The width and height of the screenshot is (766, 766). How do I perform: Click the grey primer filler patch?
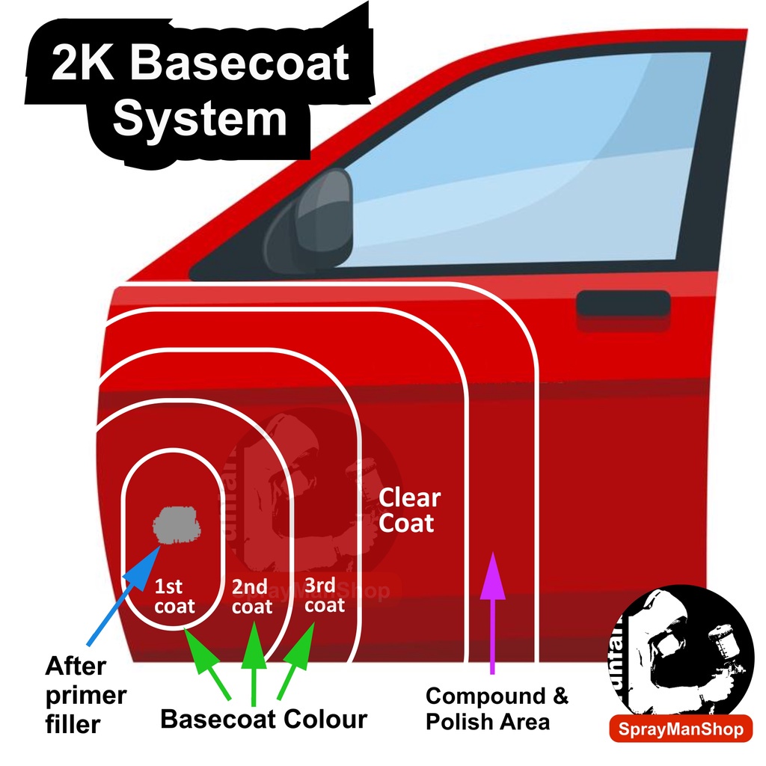point(177,524)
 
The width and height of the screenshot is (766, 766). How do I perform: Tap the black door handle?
point(622,304)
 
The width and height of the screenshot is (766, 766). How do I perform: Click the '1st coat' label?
point(174,596)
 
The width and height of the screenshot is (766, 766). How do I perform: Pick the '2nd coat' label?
point(252,596)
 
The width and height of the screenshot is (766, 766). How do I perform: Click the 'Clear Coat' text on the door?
point(409,510)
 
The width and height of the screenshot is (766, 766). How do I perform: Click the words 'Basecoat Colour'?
point(264,720)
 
